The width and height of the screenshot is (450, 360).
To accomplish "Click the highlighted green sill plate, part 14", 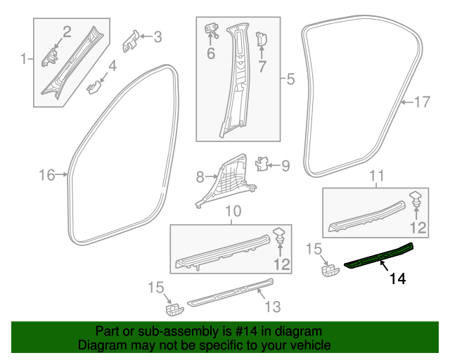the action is coord(379,256).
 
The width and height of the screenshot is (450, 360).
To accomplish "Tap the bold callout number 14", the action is coord(398,278).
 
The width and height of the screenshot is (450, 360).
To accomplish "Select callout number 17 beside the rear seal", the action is coord(422,102).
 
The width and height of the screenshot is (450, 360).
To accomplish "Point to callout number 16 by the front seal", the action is coord(47,175).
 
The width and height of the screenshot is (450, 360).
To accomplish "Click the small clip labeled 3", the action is coord(131,41).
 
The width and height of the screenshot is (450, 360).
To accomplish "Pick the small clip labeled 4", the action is coord(94,87).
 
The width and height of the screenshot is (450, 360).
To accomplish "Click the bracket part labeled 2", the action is coord(50,58).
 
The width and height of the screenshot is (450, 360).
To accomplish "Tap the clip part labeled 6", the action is coord(212,31).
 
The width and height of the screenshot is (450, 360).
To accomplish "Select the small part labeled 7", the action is coord(261,39).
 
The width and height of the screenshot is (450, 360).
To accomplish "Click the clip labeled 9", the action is coord(262,164).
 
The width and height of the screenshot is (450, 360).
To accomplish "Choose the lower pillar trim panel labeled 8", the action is coord(226,181).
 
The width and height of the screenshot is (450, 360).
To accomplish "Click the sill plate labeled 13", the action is coord(231,292).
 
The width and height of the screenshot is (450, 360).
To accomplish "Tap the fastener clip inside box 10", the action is coord(279,235).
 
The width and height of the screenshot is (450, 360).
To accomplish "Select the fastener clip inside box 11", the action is coord(416,199).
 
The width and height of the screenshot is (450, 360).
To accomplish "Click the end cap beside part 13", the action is coord(174,309).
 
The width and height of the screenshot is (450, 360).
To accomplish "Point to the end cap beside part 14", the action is coord(330,271).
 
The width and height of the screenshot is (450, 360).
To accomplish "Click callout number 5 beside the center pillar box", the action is coord(290,79).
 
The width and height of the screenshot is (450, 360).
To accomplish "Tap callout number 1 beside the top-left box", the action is coord(23,59).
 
